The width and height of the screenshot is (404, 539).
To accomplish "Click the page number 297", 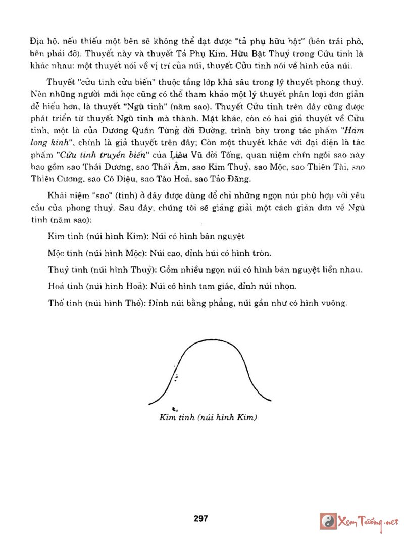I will coord(200,518).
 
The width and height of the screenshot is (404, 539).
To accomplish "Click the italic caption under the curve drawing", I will coord(209,418).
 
